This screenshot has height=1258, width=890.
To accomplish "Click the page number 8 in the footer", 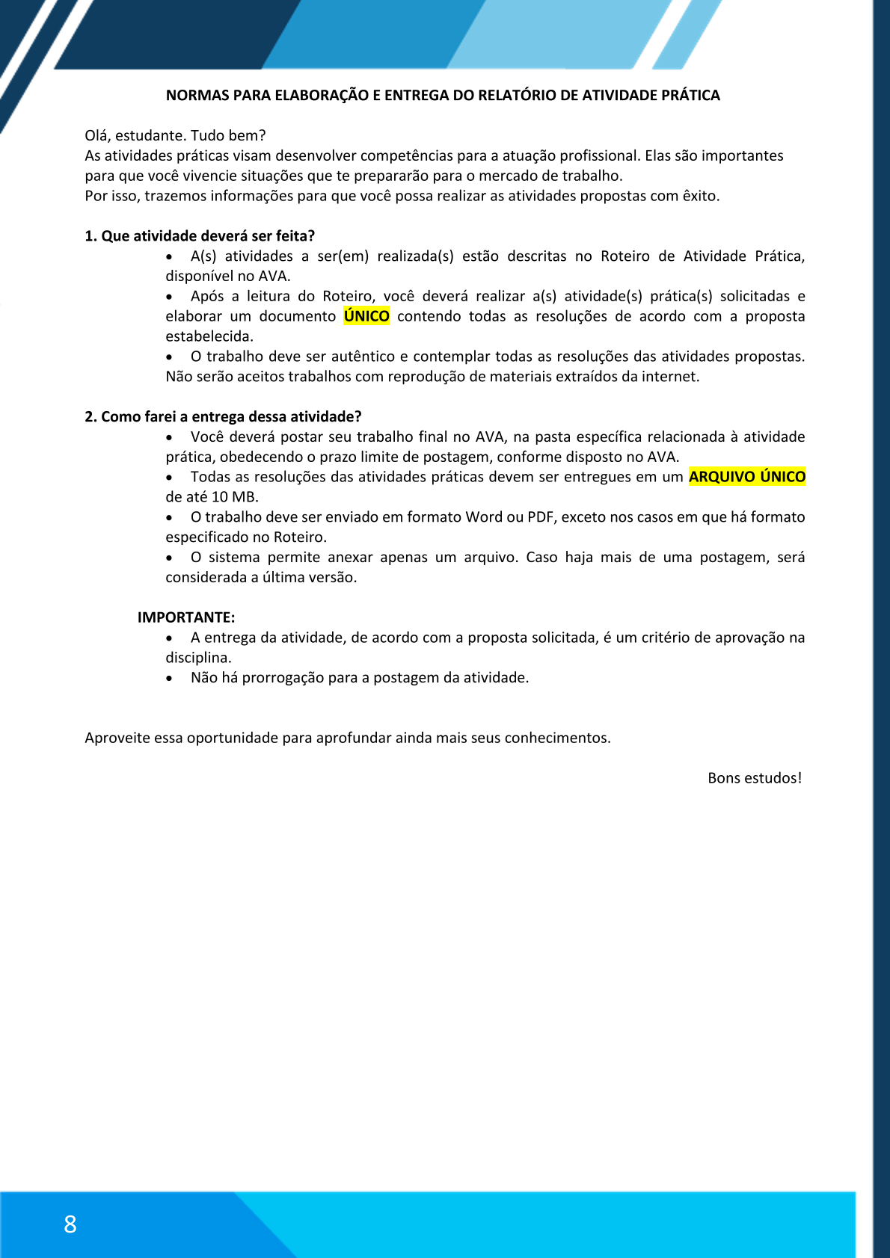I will click(70, 1224).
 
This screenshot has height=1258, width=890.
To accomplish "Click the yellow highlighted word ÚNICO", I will click(366, 316).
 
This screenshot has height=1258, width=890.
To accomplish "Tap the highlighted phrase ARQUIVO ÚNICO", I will click(747, 477).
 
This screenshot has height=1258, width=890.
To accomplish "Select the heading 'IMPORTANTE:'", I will click(186, 617).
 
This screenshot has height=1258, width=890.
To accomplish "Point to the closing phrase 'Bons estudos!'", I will click(754, 778).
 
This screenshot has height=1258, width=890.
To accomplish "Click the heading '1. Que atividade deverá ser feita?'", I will click(200, 236).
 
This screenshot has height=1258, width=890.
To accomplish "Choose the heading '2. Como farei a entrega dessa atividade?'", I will click(223, 416).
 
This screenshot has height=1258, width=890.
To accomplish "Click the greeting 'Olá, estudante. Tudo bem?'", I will click(175, 135).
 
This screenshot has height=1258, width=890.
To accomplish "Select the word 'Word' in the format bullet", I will click(484, 517).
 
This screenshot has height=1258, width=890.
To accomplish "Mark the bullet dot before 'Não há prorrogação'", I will click(171, 679).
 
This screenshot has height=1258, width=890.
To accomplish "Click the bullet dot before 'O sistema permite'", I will click(171, 558).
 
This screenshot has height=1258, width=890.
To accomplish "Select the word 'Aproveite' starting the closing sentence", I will click(117, 738).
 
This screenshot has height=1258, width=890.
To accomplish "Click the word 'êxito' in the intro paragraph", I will click(699, 196).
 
